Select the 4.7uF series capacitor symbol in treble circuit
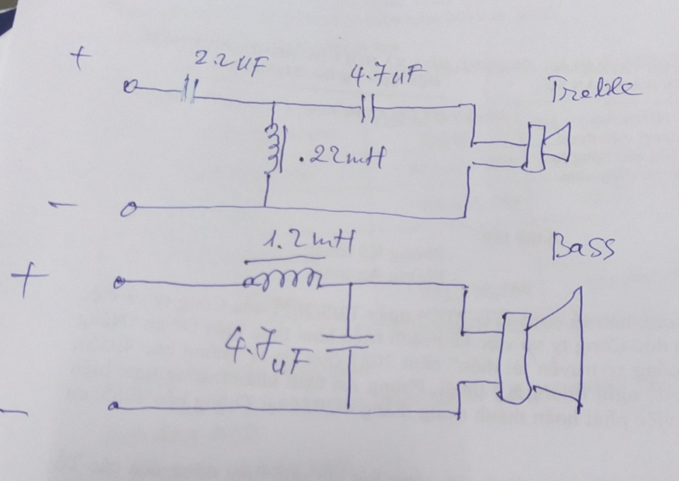click(368, 108)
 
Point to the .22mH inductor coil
click(272, 149)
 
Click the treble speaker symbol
click(547, 146)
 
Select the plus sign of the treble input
click(80, 59)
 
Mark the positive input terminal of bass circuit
click(117, 284)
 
